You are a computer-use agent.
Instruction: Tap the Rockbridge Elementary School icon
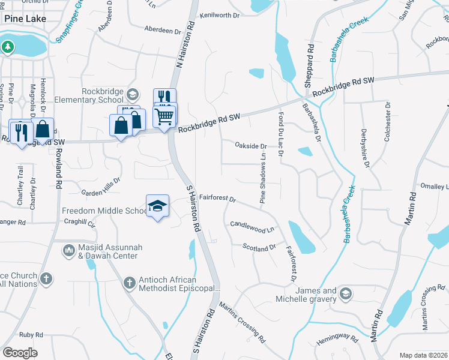(x=132, y=95)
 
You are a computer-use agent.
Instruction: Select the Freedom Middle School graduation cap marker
(x=157, y=206)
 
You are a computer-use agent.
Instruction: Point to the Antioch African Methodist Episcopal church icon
(x=128, y=282)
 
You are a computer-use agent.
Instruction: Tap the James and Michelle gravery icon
(x=345, y=293)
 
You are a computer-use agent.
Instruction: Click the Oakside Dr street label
(x=251, y=146)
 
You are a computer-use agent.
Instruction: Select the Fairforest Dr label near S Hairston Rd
(x=218, y=197)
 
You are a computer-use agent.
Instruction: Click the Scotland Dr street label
(x=259, y=247)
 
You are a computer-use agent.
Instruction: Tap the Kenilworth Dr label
(x=223, y=15)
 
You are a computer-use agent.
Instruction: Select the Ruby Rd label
(x=31, y=335)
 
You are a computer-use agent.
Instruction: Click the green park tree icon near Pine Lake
(x=8, y=46)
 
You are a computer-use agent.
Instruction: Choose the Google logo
(x=20, y=353)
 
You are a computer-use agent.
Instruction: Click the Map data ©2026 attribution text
(x=423, y=355)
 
